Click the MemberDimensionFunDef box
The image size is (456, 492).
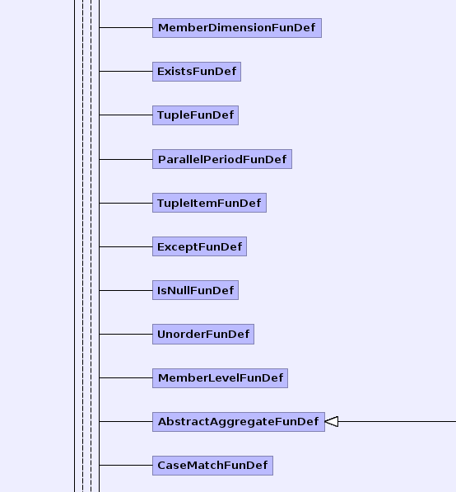(x=237, y=28)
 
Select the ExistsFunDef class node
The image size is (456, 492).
(x=197, y=72)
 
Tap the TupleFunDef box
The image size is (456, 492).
(x=195, y=115)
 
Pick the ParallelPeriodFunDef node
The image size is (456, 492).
(x=222, y=159)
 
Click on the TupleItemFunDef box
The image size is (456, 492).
(x=209, y=203)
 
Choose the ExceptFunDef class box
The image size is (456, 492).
(x=199, y=246)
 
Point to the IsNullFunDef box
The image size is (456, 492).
(x=195, y=290)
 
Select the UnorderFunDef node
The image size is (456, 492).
(x=203, y=334)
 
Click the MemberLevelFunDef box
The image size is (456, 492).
(x=220, y=377)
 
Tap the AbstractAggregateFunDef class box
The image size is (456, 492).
(x=239, y=422)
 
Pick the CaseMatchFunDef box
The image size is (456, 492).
(x=212, y=466)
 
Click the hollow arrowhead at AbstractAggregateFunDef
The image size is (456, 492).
(x=332, y=421)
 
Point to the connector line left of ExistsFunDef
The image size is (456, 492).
(x=126, y=71)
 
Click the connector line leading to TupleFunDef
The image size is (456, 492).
(x=126, y=115)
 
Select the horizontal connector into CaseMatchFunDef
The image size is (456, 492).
(x=126, y=465)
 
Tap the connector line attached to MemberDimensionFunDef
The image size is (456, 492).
(x=126, y=28)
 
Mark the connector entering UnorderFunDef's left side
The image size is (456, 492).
(x=126, y=334)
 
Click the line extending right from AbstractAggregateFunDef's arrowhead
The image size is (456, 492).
(x=397, y=421)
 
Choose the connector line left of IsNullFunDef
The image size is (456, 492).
(x=126, y=291)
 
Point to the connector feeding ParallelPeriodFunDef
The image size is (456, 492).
(x=126, y=159)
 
